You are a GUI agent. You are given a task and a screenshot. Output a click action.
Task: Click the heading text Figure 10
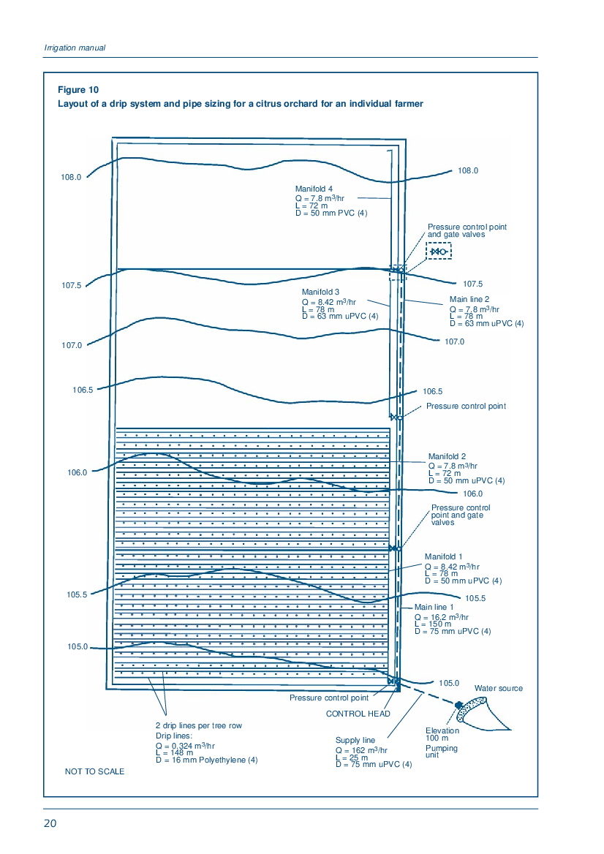pyautogui.click(x=78, y=90)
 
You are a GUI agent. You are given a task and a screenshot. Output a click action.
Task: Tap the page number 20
pyautogui.click(x=50, y=823)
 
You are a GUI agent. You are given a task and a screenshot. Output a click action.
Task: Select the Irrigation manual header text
pyautogui.click(x=75, y=48)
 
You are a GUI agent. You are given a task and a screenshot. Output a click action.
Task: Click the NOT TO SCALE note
pyautogui.click(x=95, y=771)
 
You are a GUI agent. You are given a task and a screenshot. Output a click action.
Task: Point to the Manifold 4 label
pyautogui.click(x=314, y=189)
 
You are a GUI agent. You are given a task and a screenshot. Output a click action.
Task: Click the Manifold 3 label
pyautogui.click(x=320, y=292)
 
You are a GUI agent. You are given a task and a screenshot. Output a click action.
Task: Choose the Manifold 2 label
pyautogui.click(x=447, y=456)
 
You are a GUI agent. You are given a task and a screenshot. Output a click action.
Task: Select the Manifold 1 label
pyautogui.click(x=443, y=556)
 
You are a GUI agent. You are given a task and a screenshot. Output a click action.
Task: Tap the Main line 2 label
pyautogui.click(x=469, y=299)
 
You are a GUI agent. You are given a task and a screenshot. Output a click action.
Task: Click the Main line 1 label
pyautogui.click(x=434, y=607)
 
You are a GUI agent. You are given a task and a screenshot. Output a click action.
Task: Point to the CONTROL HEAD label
pyautogui.click(x=358, y=714)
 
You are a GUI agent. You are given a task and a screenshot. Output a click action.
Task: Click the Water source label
pyautogui.click(x=499, y=689)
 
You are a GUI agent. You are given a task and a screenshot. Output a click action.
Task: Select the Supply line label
pyautogui.click(x=355, y=740)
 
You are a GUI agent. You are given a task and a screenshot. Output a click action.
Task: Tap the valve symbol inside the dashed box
pyautogui.click(x=439, y=252)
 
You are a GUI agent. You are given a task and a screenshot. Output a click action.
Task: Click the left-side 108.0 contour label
pyautogui.click(x=71, y=177)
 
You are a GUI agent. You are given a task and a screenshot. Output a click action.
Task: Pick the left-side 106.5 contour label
pyautogui.click(x=83, y=390)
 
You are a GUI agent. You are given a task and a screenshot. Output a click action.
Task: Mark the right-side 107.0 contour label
pyautogui.click(x=454, y=341)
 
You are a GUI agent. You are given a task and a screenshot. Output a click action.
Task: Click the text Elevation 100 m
pyautogui.click(x=442, y=734)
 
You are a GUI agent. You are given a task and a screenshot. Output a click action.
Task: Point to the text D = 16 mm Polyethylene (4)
pyautogui.click(x=206, y=760)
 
